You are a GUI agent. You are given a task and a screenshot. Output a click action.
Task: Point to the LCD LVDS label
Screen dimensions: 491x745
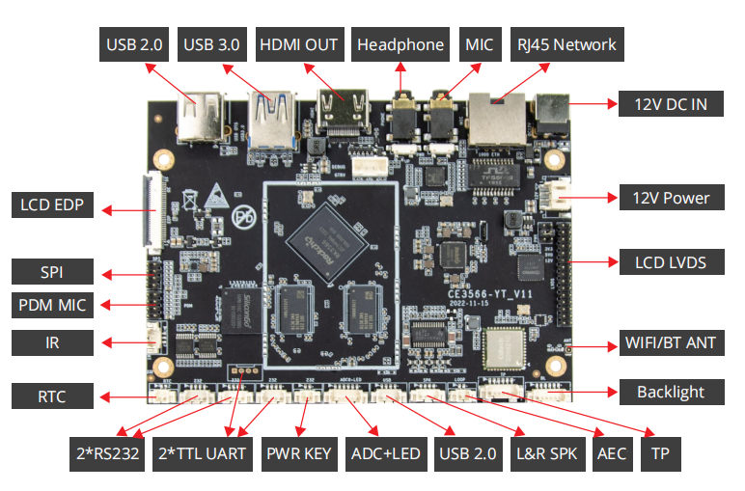click(671, 261)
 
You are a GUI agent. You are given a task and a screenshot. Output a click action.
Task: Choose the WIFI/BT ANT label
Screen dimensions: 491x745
click(671, 342)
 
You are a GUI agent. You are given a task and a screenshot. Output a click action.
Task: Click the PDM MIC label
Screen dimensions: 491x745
click(52, 306)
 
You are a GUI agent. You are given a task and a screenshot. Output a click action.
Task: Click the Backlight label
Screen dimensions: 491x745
click(670, 392)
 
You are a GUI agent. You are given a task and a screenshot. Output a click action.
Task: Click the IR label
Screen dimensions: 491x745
click(52, 342)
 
